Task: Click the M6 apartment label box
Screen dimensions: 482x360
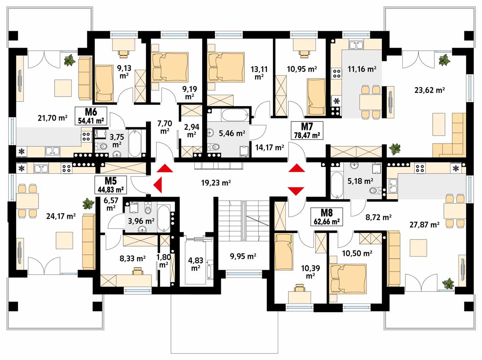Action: pyautogui.click(x=91, y=116)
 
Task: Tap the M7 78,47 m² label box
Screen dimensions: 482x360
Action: pyautogui.click(x=307, y=131)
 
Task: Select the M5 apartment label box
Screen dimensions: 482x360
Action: pyautogui.click(x=111, y=185)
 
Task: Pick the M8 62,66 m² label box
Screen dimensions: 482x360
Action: pyautogui.click(x=326, y=217)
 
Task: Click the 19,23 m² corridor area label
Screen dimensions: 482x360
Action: pyautogui.click(x=216, y=182)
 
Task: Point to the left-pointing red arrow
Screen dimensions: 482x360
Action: pyautogui.click(x=158, y=185)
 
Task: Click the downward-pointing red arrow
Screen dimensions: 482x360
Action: pyautogui.click(x=296, y=191)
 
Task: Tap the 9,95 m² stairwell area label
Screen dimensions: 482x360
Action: pyautogui.click(x=243, y=256)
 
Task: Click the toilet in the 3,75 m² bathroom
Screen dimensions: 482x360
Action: pyautogui.click(x=101, y=146)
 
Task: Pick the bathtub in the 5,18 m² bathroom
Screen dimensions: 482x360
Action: pyautogui.click(x=337, y=185)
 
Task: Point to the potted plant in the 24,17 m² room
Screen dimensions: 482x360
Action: pyautogui.click(x=88, y=204)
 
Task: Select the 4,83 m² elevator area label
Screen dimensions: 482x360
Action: pyautogui.click(x=196, y=264)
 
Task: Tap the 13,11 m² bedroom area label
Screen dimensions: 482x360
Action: pyautogui.click(x=259, y=73)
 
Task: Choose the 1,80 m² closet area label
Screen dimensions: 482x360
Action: pyautogui.click(x=163, y=261)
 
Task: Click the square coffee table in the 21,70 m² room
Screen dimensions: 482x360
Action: pyautogui.click(x=63, y=88)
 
